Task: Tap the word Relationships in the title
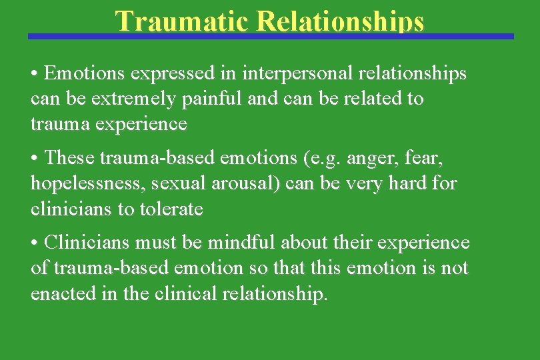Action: tap(340, 21)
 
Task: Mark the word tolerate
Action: tap(170, 209)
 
